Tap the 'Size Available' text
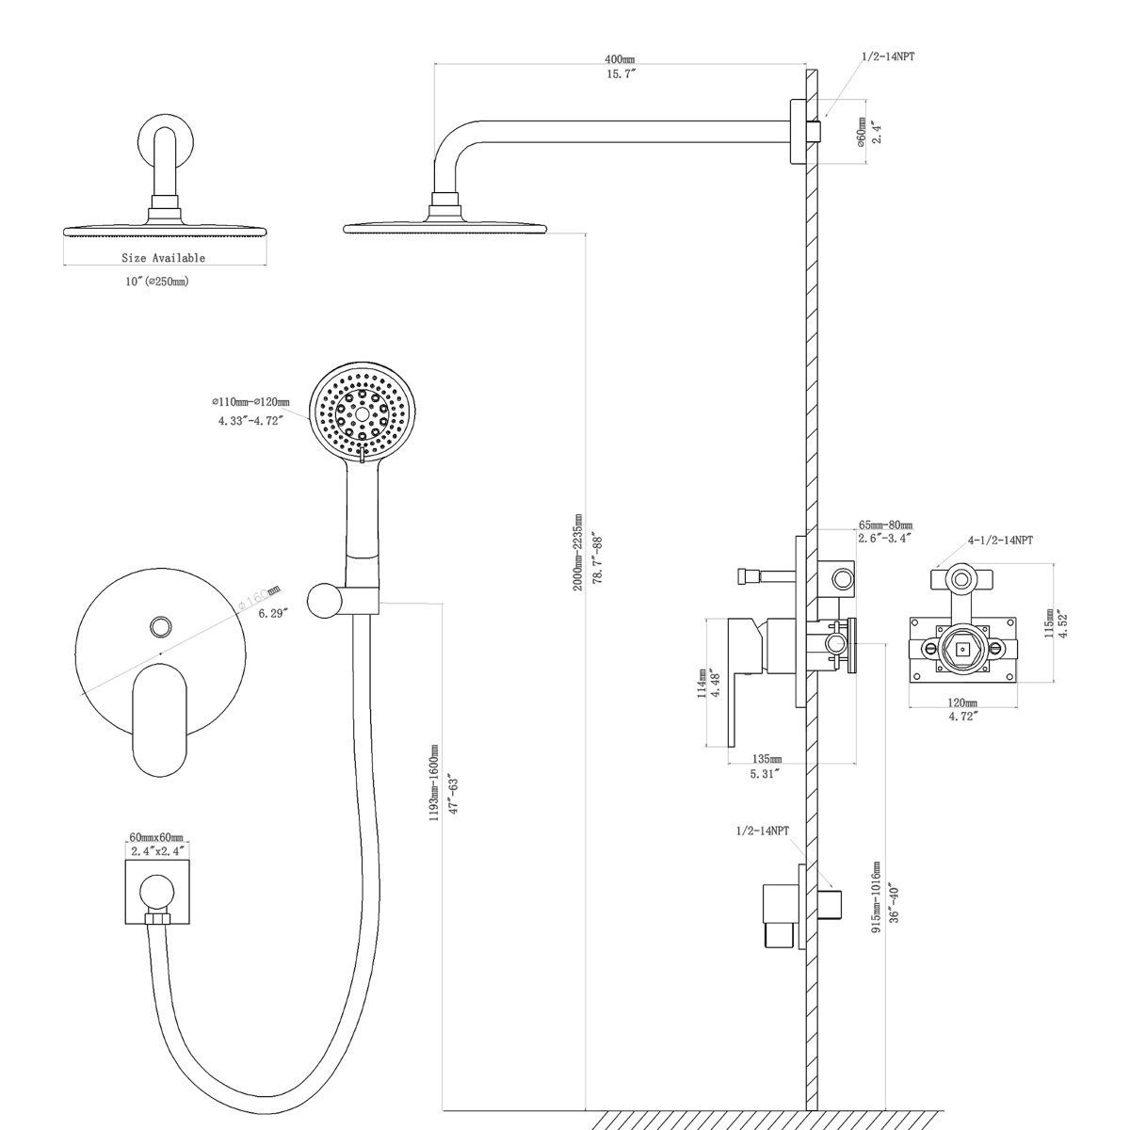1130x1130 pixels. (163, 257)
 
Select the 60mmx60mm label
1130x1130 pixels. (155, 836)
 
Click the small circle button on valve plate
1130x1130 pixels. (160, 625)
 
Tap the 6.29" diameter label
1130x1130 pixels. (271, 613)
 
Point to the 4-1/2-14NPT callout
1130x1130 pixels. (1000, 541)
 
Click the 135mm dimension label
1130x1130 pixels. (768, 759)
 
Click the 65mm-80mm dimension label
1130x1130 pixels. (885, 525)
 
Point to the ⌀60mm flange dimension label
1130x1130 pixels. (861, 132)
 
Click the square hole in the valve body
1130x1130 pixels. (961, 649)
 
